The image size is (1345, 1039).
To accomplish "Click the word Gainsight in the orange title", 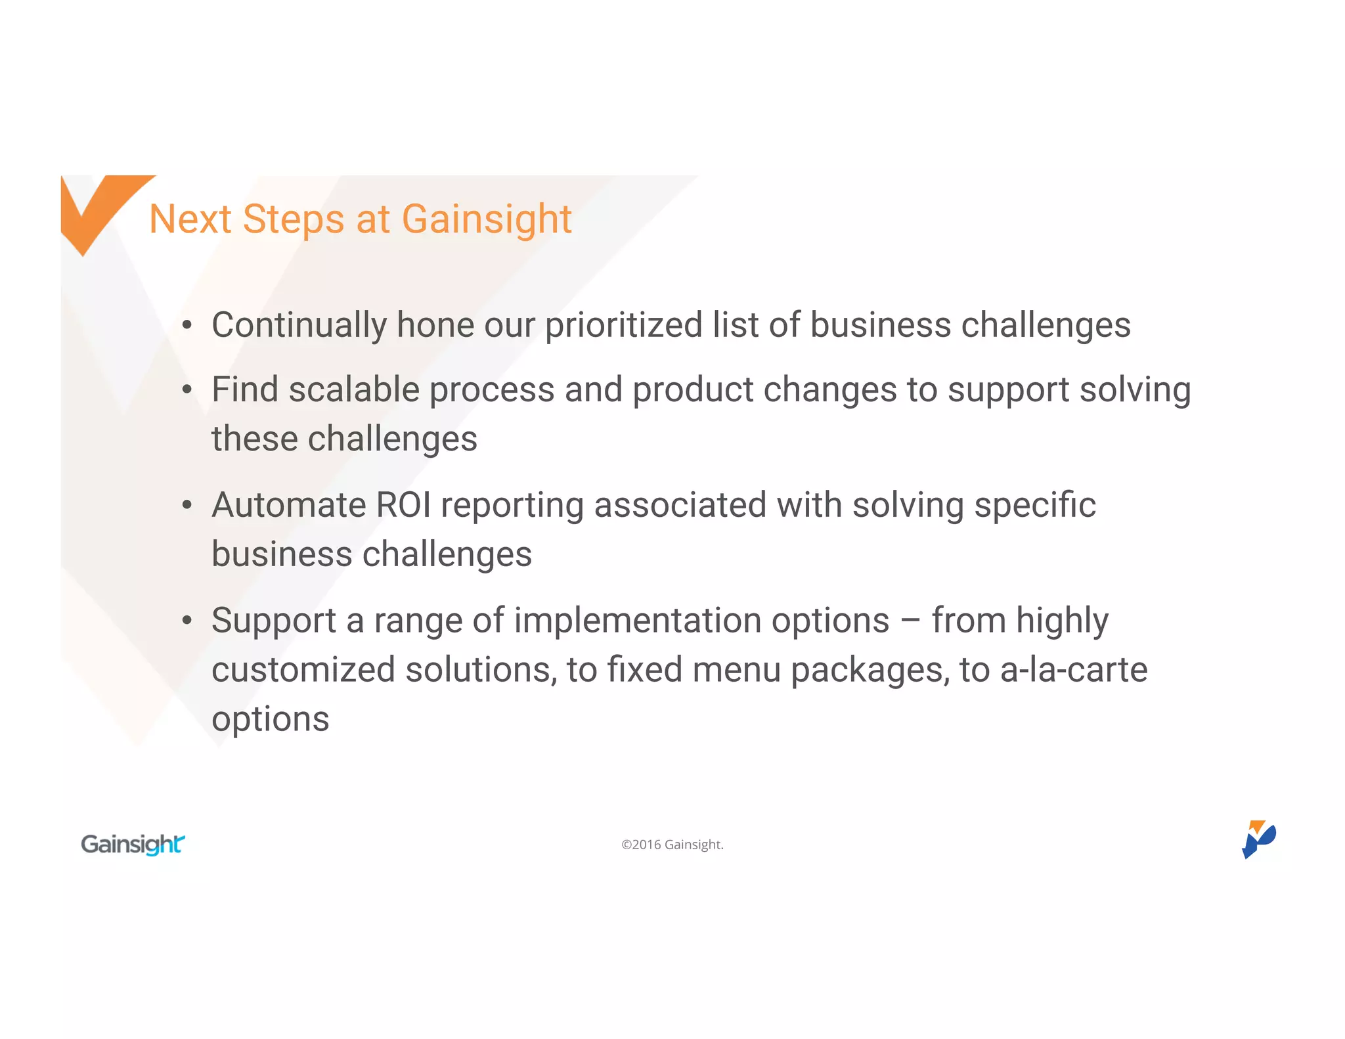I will coord(487,219).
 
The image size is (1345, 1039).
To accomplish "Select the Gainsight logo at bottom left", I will coord(133,844).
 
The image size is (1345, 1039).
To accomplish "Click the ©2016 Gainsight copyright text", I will coord(672,845).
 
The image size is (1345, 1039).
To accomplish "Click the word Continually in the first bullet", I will coord(299,325).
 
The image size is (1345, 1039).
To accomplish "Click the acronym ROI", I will coord(403,505).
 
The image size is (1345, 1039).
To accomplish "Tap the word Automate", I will coord(288,505).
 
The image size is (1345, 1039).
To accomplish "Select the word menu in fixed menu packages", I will coord(736,670).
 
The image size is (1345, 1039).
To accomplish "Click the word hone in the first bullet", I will coord(435,325).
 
